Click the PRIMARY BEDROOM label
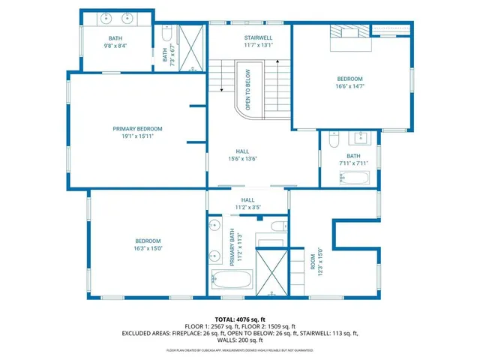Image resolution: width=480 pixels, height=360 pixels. (x=137, y=129)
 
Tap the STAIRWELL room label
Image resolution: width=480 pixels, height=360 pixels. (x=258, y=37)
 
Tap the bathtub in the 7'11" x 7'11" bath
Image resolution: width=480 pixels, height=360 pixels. (x=353, y=178)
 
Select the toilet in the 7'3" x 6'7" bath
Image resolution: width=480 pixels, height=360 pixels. (x=166, y=33)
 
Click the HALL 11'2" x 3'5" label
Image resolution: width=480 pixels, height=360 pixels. (x=247, y=203)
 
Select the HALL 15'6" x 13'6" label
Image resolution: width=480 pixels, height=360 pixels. (x=243, y=154)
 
